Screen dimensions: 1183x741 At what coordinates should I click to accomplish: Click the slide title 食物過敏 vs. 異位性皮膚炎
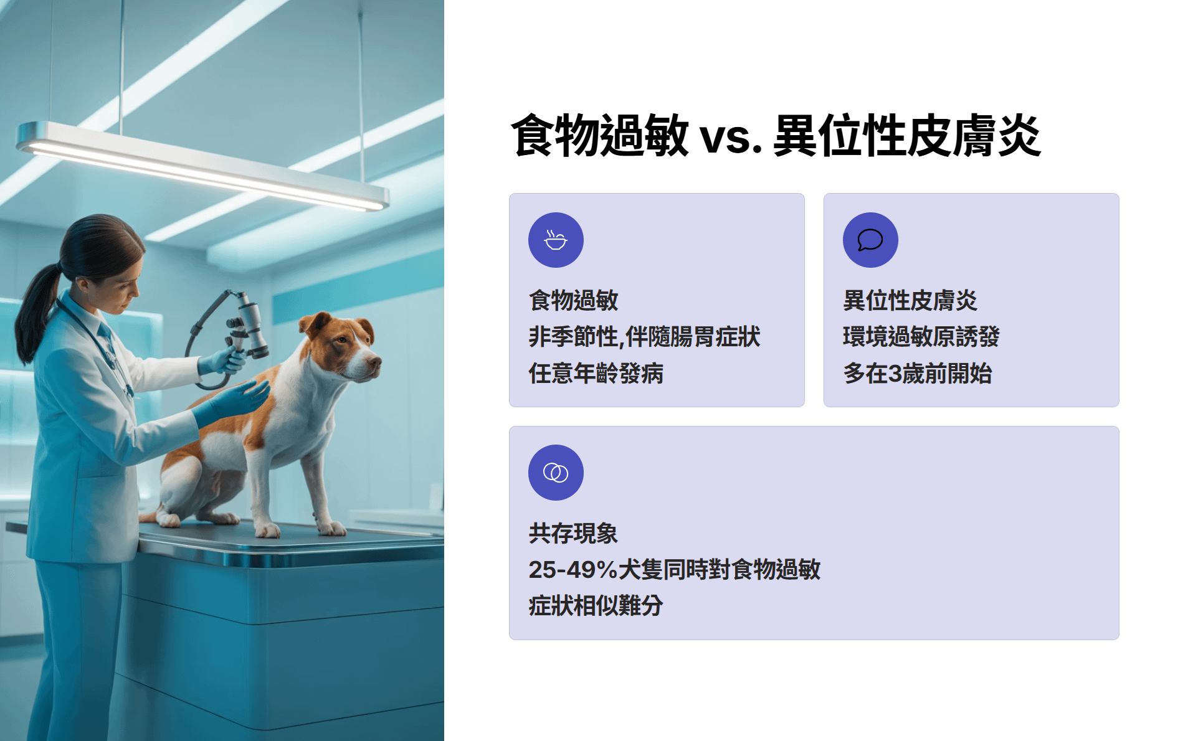[x=776, y=136]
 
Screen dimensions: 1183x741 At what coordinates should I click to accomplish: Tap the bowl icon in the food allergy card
[x=556, y=240]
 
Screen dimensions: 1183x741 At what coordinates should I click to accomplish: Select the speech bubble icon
[x=870, y=240]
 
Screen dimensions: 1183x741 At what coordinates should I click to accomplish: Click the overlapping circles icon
[x=556, y=473]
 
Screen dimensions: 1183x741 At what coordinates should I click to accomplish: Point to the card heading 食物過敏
[x=573, y=300]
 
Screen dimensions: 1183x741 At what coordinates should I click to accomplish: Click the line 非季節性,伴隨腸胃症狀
[x=644, y=337]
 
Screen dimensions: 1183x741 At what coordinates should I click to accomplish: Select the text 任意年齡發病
[x=596, y=374]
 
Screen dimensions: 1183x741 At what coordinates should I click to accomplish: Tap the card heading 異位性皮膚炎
[x=910, y=300]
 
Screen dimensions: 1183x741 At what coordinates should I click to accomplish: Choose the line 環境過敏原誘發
[x=921, y=337]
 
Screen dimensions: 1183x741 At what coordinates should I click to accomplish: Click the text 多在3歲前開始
[x=917, y=374]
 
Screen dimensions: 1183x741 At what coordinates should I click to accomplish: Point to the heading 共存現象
[x=573, y=533]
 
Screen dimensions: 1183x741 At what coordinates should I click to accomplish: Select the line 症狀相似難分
[x=596, y=606]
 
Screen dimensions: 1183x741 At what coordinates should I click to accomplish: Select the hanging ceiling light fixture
[x=202, y=167]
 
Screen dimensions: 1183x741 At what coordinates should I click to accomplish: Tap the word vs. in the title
[x=731, y=138]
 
